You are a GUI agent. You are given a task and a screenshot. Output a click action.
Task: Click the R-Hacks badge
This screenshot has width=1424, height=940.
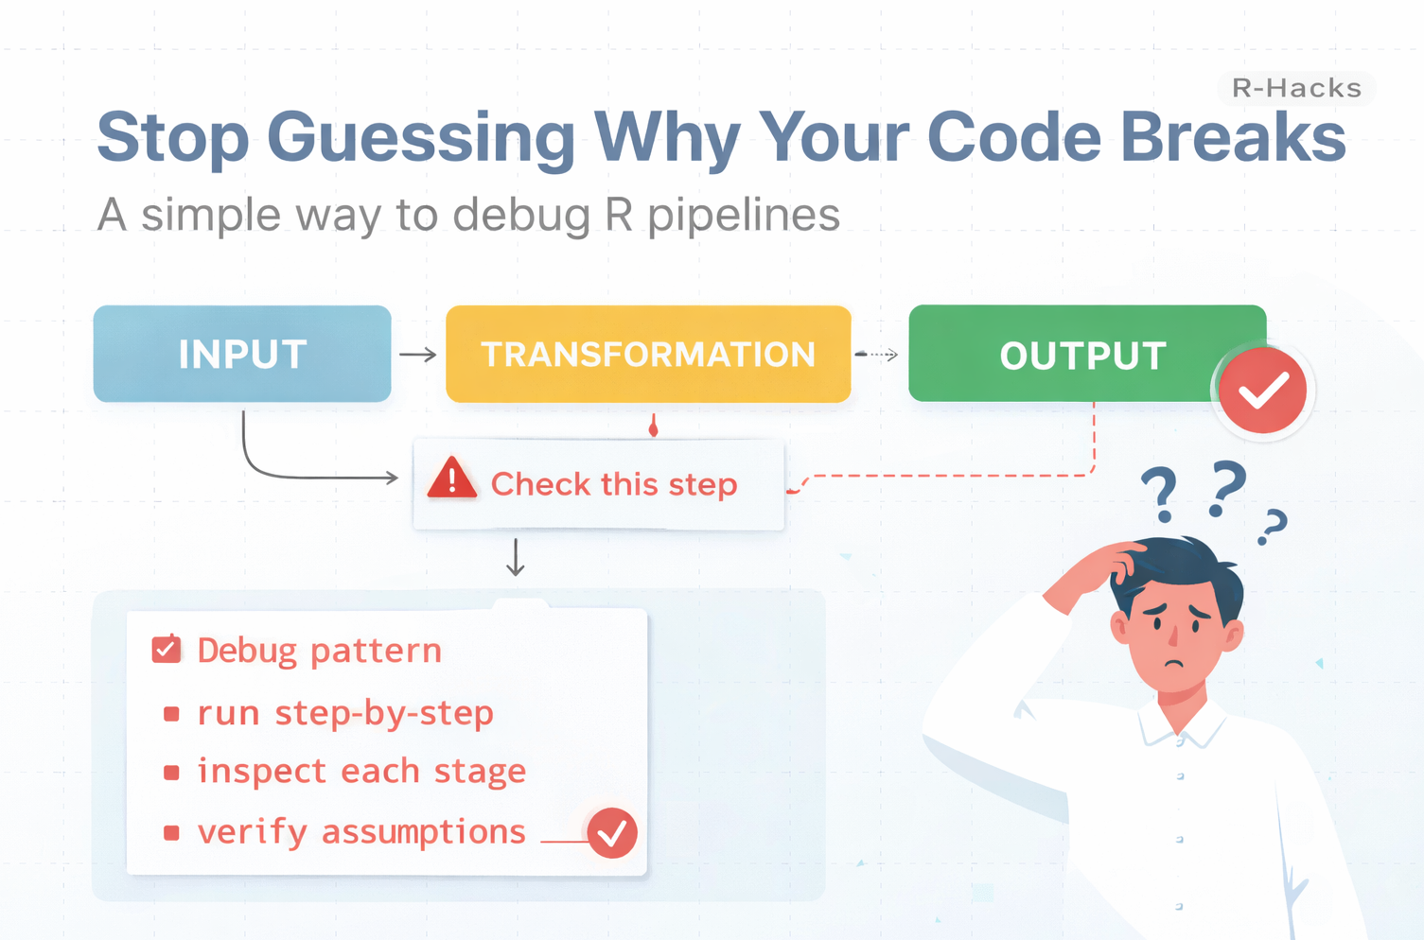[x=1297, y=88]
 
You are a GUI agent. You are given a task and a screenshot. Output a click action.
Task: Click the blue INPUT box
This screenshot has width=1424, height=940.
[x=242, y=354]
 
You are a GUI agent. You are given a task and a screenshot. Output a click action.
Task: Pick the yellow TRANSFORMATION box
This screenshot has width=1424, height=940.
[x=648, y=354]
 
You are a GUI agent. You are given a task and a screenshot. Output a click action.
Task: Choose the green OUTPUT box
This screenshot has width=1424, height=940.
[x=1087, y=354]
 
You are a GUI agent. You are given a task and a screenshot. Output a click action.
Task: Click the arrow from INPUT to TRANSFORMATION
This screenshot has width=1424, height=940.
[x=417, y=354]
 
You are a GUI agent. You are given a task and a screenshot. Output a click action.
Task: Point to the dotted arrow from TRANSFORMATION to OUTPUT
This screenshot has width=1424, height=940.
[x=876, y=354]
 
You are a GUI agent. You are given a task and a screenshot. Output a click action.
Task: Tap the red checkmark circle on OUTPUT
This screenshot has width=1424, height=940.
[x=1262, y=390]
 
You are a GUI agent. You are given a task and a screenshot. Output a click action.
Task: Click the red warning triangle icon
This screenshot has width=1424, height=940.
[x=452, y=478]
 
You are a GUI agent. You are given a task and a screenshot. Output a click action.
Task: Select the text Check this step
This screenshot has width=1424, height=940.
[x=614, y=484]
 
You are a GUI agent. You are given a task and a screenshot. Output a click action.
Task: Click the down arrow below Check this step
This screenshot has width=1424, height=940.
[x=516, y=557]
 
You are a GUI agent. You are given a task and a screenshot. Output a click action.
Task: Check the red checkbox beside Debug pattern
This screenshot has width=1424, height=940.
[x=167, y=650]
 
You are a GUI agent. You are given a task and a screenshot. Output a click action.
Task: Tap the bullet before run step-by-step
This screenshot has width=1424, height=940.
[x=171, y=714]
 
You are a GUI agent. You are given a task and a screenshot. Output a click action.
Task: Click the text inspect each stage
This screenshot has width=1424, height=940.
[x=361, y=772]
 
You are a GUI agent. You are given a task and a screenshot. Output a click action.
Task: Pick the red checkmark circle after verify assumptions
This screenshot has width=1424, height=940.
[x=612, y=833]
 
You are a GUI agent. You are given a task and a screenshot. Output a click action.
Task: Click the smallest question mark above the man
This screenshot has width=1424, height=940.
[x=1273, y=527]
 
